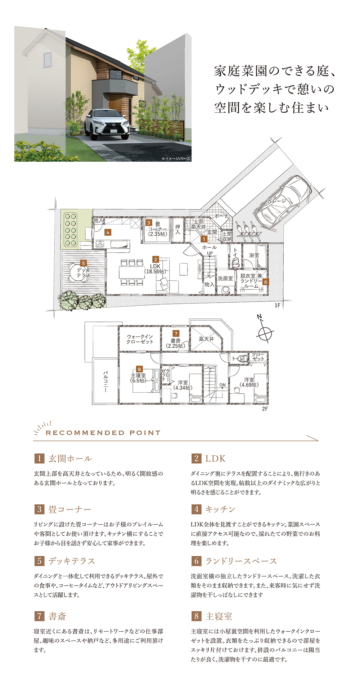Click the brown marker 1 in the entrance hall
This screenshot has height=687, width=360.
click(x=204, y=239)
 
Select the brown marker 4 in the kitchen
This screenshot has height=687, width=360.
click(x=107, y=232)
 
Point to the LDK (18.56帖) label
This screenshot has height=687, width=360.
click(x=156, y=269)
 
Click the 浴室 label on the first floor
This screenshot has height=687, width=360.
click(x=254, y=255)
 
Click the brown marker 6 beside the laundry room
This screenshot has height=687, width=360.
click(x=265, y=282)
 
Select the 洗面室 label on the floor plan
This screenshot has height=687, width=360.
click(x=225, y=278)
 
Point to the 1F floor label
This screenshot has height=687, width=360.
click(x=277, y=306)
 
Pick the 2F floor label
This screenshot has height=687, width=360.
click(x=265, y=409)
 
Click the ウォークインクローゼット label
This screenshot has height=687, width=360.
click(x=140, y=339)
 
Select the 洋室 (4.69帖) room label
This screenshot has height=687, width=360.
click(x=249, y=382)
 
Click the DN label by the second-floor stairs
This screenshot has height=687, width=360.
click(x=223, y=385)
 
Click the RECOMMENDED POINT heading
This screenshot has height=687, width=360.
click(x=103, y=433)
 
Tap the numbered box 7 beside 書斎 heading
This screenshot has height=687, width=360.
click(x=39, y=616)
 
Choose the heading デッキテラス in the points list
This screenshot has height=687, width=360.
click(x=72, y=561)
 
